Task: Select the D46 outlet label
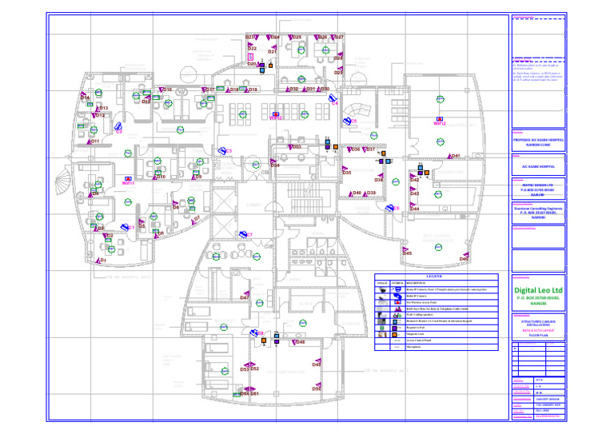pyautogui.click(x=464, y=259)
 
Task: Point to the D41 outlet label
pyautogui.click(x=456, y=157)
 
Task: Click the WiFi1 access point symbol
pyautogui.click(x=128, y=183)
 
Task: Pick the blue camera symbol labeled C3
pyautogui.click(x=226, y=151)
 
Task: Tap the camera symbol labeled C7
pyautogui.click(x=248, y=235)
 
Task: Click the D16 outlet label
pyautogui.click(x=167, y=90)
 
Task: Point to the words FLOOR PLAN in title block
pyautogui.click(x=538, y=335)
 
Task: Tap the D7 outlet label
pyautogui.click(x=197, y=217)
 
